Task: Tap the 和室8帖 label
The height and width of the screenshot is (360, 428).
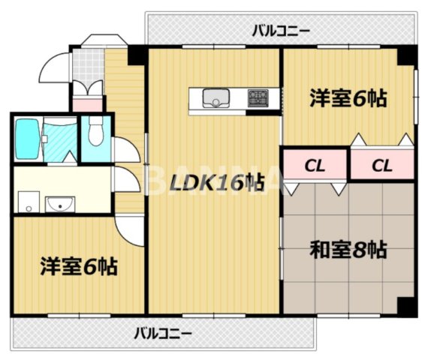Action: (x=348, y=249)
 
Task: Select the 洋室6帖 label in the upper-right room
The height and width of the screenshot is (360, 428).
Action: (x=348, y=98)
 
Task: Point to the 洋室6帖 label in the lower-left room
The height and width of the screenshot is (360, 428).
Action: (x=78, y=265)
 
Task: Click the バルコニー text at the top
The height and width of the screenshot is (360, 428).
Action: (x=280, y=31)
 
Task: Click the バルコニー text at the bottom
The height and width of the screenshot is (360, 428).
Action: (x=163, y=332)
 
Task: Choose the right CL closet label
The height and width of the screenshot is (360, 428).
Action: (x=381, y=166)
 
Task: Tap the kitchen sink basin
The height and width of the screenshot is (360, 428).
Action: (x=216, y=97)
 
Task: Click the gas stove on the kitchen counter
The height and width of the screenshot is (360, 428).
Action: (x=258, y=97)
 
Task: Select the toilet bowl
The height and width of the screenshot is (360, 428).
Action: (x=95, y=135)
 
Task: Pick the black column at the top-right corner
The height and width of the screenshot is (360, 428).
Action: (x=406, y=55)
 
